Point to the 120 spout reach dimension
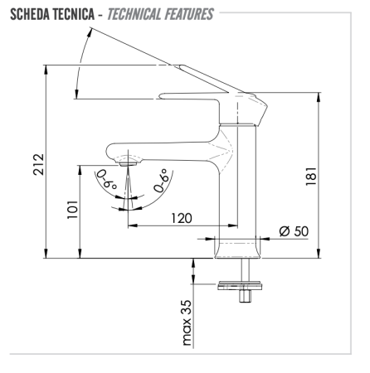coord(176,218)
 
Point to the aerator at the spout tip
coord(127,164)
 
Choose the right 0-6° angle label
coord(163,179)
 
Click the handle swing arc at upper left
coord(78,66)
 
